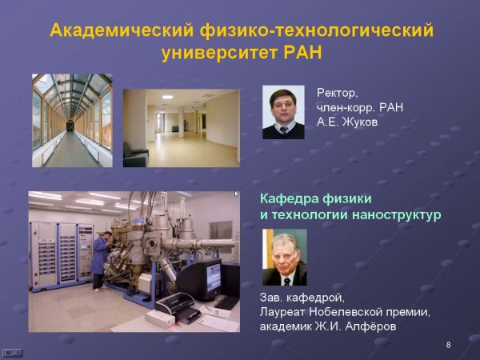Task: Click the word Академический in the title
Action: (x=122, y=30)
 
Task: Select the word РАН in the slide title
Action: (x=303, y=53)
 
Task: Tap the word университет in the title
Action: (x=220, y=54)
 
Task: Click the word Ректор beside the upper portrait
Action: (x=337, y=93)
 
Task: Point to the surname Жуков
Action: (x=360, y=122)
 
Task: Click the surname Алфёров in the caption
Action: (x=370, y=326)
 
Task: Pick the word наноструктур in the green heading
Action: (x=397, y=215)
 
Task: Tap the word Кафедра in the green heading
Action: (x=288, y=199)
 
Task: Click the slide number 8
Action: (x=448, y=345)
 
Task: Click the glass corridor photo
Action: (x=72, y=120)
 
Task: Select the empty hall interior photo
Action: (x=182, y=128)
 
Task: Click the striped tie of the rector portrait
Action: (x=283, y=130)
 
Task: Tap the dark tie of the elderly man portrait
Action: (x=287, y=282)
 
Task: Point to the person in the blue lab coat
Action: (x=101, y=260)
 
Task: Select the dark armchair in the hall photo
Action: (x=135, y=155)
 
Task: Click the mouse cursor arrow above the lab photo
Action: (x=237, y=194)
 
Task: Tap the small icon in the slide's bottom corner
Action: (x=13, y=354)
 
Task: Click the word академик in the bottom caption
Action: (x=286, y=326)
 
